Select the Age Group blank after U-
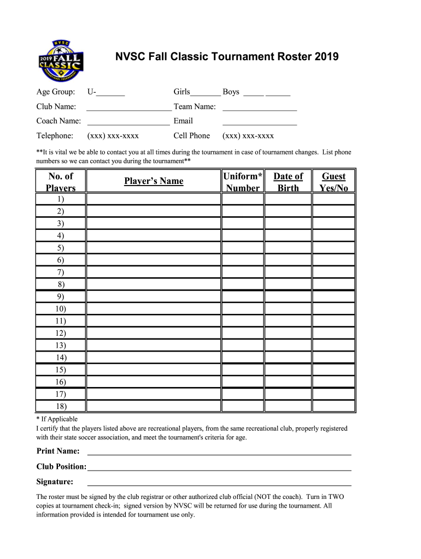(110, 93)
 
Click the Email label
(183, 121)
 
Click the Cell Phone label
(191, 136)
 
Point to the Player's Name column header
(154, 181)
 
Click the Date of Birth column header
(288, 182)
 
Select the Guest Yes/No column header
(334, 182)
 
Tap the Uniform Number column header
(243, 182)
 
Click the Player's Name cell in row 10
(154, 309)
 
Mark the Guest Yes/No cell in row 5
(334, 248)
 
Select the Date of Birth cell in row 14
(288, 358)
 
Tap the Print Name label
(58, 451)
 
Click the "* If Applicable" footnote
(57, 419)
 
